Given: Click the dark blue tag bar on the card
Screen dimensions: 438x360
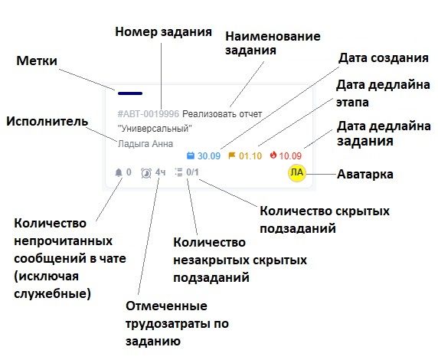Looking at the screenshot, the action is coord(130,93).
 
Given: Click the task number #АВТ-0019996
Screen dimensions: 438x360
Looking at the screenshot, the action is coord(149,114).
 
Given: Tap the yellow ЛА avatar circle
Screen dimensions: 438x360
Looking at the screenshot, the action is coord(297,173).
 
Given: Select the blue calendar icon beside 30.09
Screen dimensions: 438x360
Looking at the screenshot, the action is coord(190,155).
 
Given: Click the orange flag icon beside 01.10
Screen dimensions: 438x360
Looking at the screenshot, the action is coord(232,155).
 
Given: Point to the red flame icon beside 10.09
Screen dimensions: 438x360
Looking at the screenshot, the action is coord(273,155).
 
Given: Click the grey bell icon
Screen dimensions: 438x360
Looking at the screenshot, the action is coord(119,172).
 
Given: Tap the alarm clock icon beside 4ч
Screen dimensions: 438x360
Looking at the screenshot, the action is coord(146,173).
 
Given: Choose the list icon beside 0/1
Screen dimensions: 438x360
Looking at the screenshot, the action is coord(178,172).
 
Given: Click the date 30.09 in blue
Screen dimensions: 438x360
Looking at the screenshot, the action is coord(209,155).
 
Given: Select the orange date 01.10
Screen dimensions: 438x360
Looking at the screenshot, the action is coord(250,155).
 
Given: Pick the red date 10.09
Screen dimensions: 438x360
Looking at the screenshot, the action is coord(290,155).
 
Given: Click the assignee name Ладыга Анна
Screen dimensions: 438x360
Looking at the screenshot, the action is coord(145,144).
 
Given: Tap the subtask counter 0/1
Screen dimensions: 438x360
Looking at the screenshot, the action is coord(192,172).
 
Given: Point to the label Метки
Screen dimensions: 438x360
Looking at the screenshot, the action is coord(37,61).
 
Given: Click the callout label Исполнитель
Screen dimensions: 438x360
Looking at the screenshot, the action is coord(47,122).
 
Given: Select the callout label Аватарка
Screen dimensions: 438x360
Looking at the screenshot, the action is coord(365,174).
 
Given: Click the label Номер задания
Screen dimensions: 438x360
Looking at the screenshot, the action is coord(163,31).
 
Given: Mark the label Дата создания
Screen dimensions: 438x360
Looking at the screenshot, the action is coord(384,58).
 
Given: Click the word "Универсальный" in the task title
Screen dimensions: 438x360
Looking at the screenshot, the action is coord(155,129).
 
